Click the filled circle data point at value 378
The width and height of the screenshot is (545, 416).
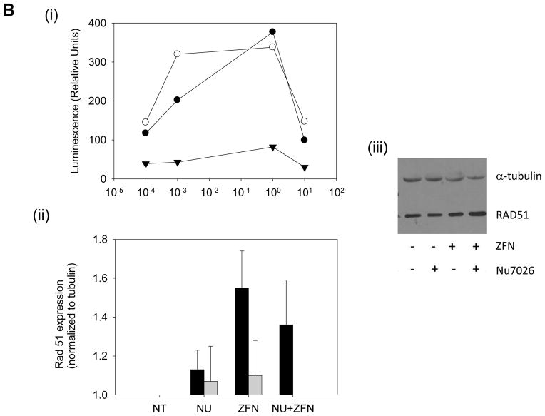pyautogui.click(x=272, y=32)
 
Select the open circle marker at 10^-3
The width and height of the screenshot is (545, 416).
pyautogui.click(x=178, y=54)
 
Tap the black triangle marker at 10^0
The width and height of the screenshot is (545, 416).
pyautogui.click(x=272, y=147)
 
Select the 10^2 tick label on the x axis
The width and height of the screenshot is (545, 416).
pyautogui.click(x=336, y=193)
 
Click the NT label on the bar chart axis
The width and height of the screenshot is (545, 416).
pyautogui.click(x=161, y=408)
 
